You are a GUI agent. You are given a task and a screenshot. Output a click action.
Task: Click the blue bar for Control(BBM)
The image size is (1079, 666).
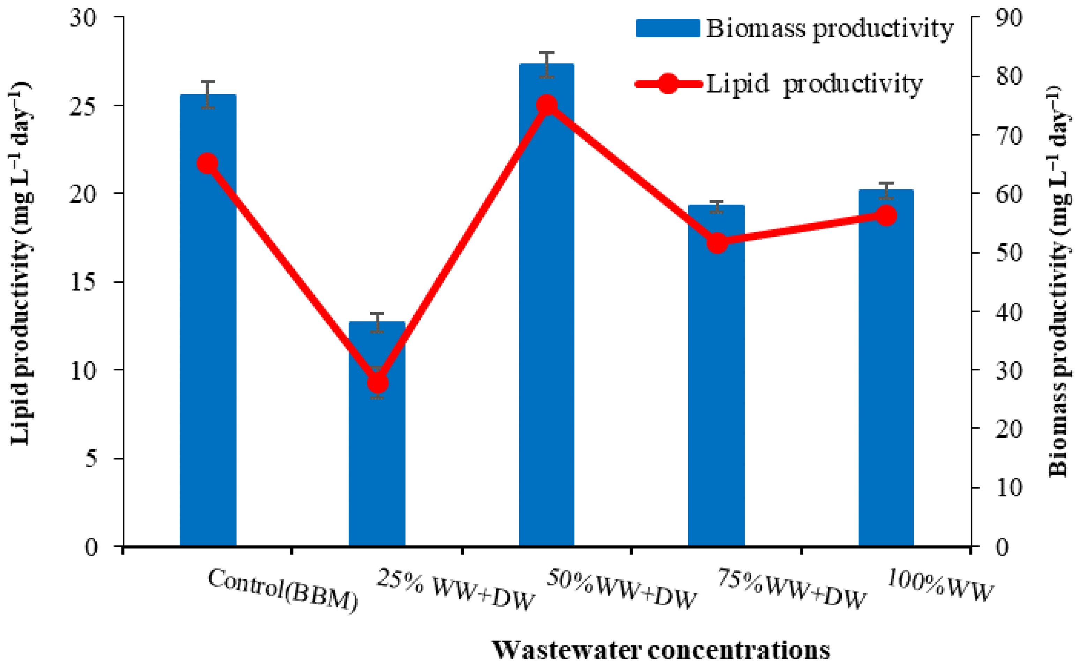208,353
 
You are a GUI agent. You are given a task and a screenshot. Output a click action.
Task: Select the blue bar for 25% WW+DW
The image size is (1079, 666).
377,462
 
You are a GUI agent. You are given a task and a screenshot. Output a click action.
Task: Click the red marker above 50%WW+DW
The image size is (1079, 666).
547,105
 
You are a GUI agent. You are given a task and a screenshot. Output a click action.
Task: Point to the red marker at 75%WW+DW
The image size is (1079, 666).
717,243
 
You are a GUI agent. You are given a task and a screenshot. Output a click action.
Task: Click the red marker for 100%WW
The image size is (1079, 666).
886,216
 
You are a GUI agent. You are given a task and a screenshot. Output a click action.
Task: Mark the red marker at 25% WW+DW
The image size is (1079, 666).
377,383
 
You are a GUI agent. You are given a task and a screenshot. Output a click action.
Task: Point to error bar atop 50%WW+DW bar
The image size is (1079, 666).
547,64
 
